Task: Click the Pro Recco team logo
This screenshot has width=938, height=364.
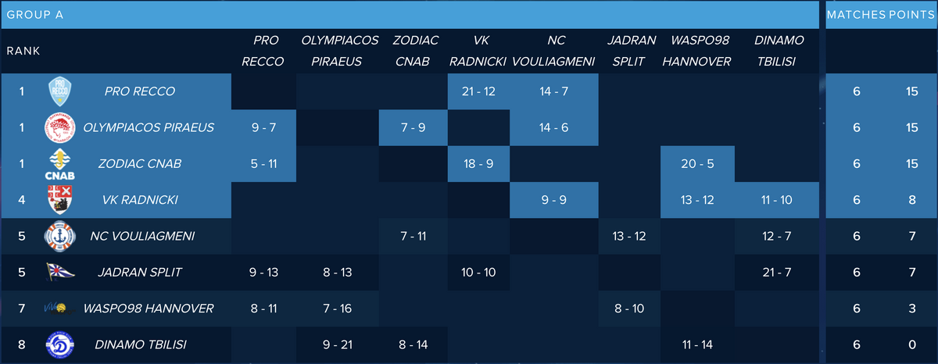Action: point(60,91)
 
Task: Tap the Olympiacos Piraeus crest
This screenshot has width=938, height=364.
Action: point(60,127)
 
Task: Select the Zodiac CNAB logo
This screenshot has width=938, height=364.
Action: point(60,164)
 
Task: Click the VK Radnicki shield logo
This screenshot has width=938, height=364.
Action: point(60,200)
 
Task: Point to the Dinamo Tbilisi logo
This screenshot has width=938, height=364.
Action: point(60,344)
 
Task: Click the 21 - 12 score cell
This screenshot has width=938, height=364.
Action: point(478,91)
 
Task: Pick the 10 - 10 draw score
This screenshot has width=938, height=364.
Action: point(478,272)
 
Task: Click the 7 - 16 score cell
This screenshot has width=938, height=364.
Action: point(340,309)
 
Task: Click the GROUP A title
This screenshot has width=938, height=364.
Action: point(35,15)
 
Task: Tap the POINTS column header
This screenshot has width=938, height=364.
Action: point(910,15)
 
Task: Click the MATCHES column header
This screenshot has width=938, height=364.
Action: point(856,15)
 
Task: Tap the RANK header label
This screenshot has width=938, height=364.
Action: point(23,51)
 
